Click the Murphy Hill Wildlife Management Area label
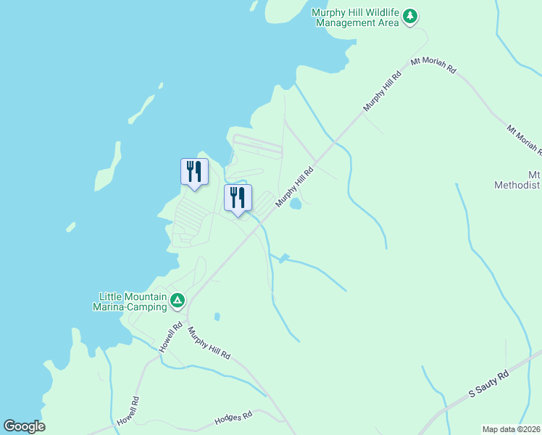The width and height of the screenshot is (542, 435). click(x=357, y=17)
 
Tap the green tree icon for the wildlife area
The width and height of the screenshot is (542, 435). click(x=411, y=16)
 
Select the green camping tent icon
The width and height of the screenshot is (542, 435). click(x=177, y=299)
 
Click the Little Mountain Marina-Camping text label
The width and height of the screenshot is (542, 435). click(x=133, y=302)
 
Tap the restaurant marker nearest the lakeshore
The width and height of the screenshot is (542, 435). click(x=194, y=173)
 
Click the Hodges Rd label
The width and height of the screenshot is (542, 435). click(x=233, y=418)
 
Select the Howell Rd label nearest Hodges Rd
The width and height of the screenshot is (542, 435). click(x=126, y=411)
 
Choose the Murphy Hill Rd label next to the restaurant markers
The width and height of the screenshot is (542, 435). click(x=294, y=186)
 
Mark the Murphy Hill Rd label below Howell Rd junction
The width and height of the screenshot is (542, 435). click(x=209, y=344)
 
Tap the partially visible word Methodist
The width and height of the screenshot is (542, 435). click(x=517, y=185)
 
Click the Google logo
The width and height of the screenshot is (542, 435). click(x=24, y=426)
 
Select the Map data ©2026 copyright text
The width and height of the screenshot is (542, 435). click(x=511, y=429)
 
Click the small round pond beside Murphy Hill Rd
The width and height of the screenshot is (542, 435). click(x=296, y=204)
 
